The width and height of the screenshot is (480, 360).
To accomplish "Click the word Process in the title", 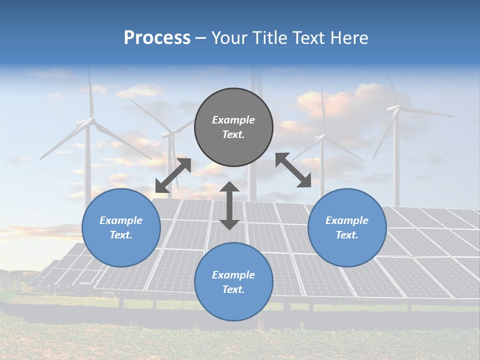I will (x=157, y=38).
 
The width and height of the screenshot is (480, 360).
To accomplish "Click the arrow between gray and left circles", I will (x=173, y=175).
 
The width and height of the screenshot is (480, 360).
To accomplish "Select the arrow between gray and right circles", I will (x=293, y=170).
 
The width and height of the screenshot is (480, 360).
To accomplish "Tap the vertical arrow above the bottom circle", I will (x=229, y=205).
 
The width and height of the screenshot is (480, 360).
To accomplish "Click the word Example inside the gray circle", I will (x=233, y=120).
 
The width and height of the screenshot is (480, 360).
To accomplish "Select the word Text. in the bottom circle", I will (x=233, y=289).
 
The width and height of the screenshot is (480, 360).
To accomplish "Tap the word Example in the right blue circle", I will (x=347, y=220).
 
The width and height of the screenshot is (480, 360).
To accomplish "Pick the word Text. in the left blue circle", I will (x=121, y=235).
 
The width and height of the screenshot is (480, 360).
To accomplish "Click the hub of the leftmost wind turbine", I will (x=91, y=120).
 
